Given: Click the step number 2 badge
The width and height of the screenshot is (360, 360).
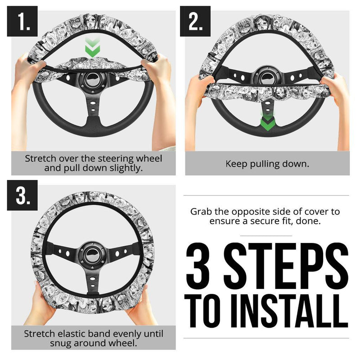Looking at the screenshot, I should click(195, 21).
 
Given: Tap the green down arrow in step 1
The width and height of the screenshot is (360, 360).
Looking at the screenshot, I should click(92, 49).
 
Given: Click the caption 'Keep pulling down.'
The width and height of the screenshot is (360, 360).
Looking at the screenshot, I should click(267, 164).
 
